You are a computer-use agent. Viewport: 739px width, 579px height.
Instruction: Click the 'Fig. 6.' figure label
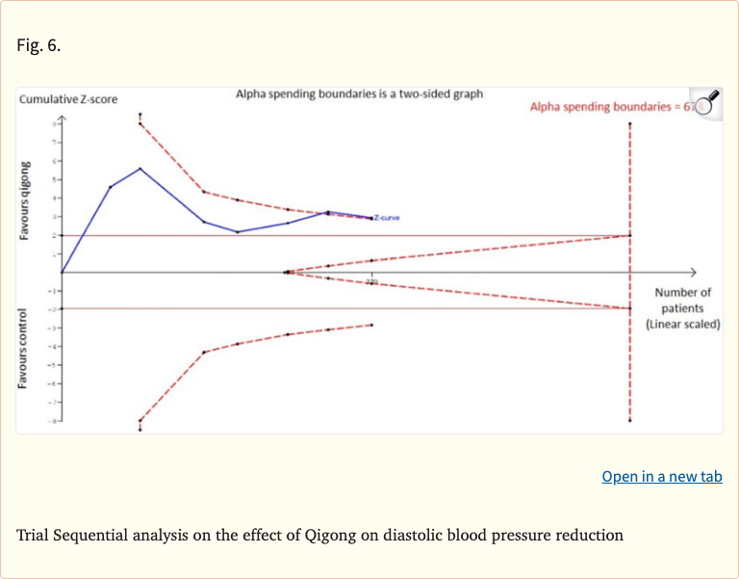38,45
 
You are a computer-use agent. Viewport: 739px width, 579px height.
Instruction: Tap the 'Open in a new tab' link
661,476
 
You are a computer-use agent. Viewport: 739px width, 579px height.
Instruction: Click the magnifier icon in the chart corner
707,103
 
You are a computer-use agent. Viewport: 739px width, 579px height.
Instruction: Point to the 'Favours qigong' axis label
26,201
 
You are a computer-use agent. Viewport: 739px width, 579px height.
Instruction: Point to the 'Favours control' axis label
26,349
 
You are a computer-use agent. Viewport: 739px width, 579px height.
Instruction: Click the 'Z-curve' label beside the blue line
387,218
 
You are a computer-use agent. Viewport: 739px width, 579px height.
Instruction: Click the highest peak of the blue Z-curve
140,169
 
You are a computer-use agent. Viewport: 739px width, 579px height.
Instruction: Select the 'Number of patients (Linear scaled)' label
682,308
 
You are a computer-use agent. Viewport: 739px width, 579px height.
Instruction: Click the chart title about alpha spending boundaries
359,94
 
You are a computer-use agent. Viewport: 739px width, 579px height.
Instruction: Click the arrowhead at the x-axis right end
691,272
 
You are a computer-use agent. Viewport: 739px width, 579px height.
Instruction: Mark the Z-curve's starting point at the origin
62,272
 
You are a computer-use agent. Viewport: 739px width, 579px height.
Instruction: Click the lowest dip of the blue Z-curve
238,231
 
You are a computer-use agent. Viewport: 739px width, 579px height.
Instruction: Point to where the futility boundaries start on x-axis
287,272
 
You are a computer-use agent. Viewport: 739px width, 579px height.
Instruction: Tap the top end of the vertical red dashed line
630,124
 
